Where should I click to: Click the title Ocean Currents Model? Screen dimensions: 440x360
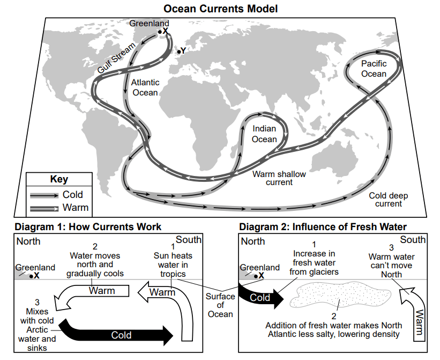221,9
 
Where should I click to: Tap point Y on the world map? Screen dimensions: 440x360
179,52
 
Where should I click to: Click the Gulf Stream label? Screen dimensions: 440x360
116,58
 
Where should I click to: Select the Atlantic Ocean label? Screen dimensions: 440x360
145,87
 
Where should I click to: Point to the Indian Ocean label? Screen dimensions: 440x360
264,134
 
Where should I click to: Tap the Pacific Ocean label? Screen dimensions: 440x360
374,69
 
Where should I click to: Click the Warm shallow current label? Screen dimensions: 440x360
279,178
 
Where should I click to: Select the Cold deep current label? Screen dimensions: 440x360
389,200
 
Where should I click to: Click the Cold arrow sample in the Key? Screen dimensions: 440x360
44,195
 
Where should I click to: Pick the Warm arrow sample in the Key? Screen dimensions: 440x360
44,208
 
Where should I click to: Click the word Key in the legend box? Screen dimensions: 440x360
59,179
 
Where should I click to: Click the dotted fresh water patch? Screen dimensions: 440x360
340,295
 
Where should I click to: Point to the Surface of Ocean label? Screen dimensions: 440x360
220,305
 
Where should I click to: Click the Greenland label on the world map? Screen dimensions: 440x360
149,23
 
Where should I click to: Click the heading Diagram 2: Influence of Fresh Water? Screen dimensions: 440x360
323,226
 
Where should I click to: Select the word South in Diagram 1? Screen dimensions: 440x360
189,239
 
